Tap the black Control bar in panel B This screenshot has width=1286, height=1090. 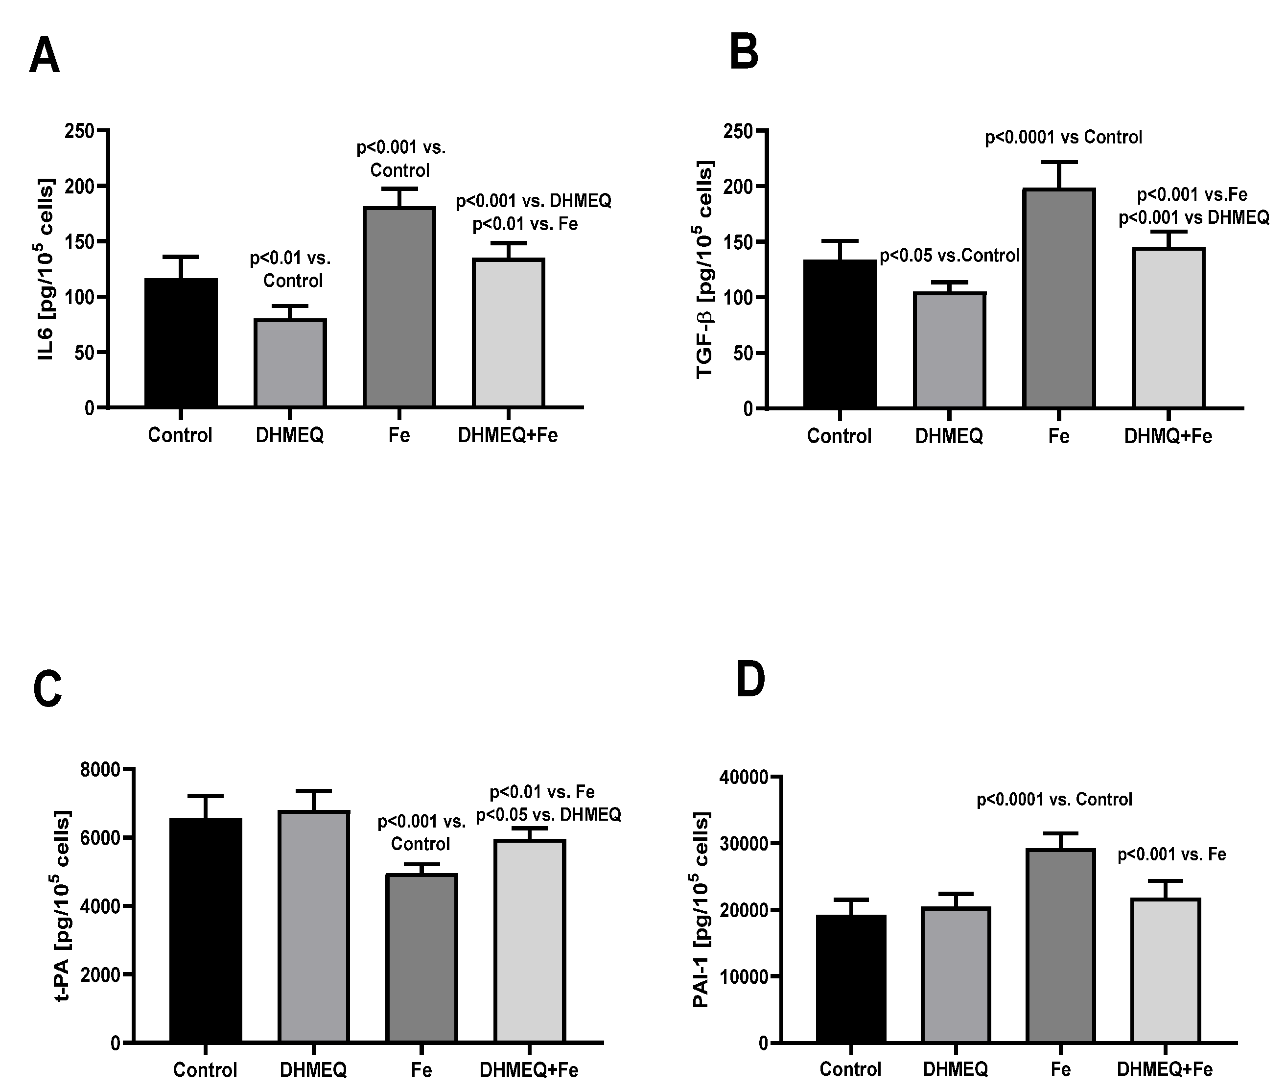pos(840,333)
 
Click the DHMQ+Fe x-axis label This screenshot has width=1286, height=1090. pos(1168,436)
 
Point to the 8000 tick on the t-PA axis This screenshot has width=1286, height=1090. pos(99,770)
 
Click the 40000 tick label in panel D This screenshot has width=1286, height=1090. pos(744,777)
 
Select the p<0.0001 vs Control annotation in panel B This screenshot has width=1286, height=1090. pos(1063,137)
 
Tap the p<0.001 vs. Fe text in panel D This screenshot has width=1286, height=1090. pos(1172,854)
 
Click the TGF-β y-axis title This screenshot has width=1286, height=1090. pos(705,269)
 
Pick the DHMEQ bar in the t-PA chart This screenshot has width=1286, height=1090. pos(314,927)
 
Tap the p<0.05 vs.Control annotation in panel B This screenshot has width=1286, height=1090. pos(949,255)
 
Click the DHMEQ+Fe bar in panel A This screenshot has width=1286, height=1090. pos(508,333)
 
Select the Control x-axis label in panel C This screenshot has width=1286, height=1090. pos(205,1069)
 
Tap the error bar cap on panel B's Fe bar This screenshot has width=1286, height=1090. pos(1059,163)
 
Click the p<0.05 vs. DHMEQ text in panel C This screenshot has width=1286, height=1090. pos(548,815)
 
